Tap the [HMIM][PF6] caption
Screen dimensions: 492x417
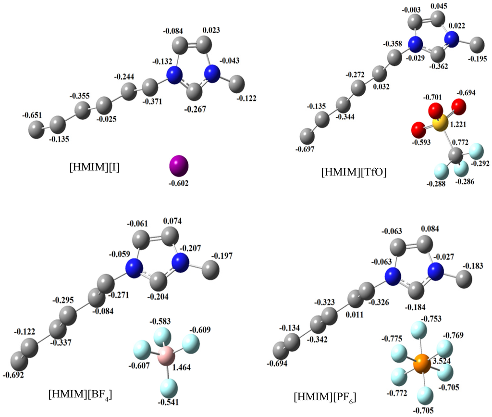(x=325, y=397)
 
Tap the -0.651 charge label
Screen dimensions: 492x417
(x=33, y=115)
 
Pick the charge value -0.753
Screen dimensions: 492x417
(x=431, y=319)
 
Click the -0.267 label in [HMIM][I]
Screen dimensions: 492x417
(x=196, y=109)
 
